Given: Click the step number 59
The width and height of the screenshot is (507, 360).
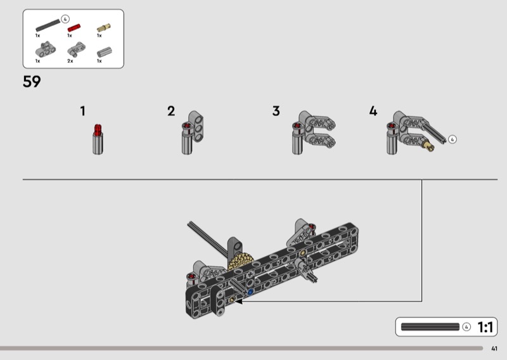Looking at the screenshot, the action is (32, 82).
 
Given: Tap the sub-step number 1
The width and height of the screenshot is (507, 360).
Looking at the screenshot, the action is (83, 111).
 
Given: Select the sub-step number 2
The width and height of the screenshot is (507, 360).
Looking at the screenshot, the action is (171, 111).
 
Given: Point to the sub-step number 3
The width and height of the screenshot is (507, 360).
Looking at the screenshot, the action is (276, 111).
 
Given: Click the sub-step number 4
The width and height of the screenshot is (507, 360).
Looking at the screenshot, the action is (373, 111).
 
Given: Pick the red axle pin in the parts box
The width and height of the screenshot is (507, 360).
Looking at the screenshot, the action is (74, 28).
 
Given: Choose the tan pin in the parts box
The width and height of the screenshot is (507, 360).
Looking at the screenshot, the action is (104, 28).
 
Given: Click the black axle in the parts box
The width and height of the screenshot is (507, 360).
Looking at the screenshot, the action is (48, 25).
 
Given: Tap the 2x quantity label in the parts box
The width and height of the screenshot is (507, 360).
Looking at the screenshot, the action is (70, 61).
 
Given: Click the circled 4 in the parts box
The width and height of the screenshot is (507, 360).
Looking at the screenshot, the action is (65, 19).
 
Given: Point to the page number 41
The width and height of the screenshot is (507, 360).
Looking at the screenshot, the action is (494, 349).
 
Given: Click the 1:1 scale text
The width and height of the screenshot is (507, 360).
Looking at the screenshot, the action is (485, 327).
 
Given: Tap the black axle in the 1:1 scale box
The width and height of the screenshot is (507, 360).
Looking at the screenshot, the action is (430, 327).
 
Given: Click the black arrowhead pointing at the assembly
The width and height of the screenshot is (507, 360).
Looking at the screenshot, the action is (239, 302).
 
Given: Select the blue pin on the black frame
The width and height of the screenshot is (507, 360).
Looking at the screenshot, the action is (250, 292).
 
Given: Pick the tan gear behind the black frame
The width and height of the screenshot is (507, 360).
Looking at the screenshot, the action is (240, 260).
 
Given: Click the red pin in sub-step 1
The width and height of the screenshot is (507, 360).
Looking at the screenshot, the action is (98, 130).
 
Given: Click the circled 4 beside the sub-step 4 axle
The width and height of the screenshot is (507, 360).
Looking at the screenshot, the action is (452, 139).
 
